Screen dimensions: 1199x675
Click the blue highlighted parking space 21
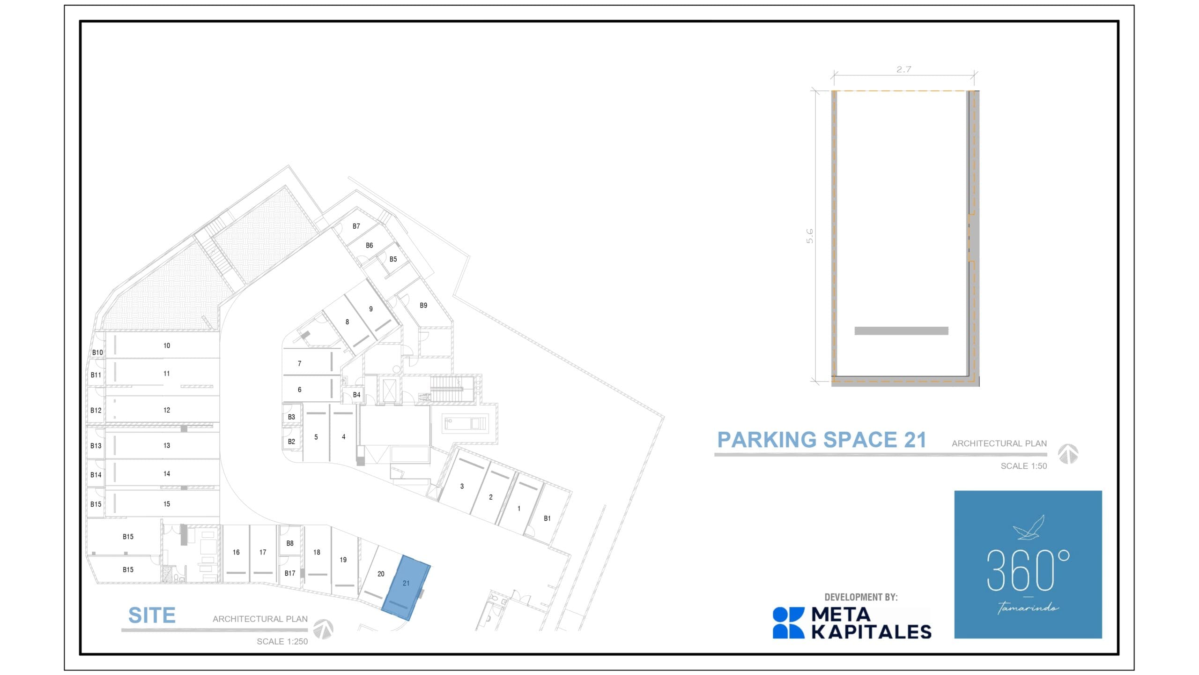[406, 588]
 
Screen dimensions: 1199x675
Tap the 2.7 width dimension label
[903, 69]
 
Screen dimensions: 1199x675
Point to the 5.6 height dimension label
[810, 236]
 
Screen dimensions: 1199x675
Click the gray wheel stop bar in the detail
[901, 331]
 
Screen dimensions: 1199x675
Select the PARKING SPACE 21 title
[822, 440]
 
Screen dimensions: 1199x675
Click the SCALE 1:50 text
[1023, 466]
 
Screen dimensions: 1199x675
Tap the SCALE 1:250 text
[282, 641]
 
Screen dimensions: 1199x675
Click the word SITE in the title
[152, 615]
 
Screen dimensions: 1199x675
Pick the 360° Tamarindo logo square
[1028, 564]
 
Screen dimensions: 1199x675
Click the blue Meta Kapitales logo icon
[788, 623]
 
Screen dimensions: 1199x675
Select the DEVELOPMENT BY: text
[861, 597]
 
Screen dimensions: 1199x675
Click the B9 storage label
[423, 305]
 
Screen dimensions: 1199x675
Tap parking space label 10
[167, 345]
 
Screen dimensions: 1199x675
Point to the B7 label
[356, 226]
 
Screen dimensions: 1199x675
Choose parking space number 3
[462, 486]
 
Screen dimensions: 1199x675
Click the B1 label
[547, 518]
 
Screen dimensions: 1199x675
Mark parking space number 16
[236, 552]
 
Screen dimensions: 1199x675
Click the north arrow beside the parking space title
[1068, 454]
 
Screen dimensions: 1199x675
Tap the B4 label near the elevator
[356, 395]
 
